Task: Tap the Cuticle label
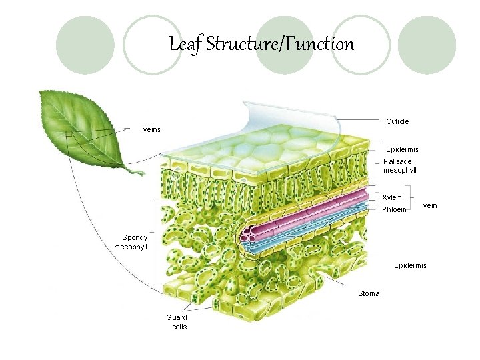tap(397, 121)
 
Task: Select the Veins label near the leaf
tap(153, 129)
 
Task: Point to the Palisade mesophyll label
tap(400, 166)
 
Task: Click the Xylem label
tap(392, 197)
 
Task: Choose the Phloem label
tap(394, 209)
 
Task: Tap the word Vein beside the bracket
tap(429, 205)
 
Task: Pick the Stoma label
tap(369, 293)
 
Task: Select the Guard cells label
tap(177, 322)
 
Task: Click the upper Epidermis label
tap(403, 149)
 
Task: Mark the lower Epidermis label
tap(410, 265)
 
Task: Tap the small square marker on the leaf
tap(69, 135)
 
